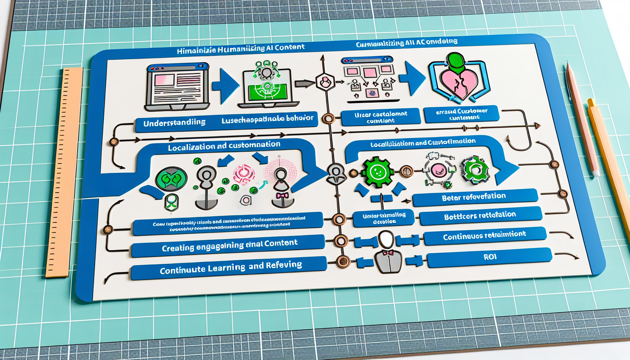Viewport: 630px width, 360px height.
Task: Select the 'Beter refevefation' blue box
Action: click(475, 197)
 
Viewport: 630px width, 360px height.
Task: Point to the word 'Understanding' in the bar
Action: click(174, 123)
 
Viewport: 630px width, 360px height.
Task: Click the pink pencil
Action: click(582, 120)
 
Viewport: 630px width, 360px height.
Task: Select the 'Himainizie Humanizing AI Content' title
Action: click(240, 49)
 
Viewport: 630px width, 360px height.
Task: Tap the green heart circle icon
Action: click(171, 179)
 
